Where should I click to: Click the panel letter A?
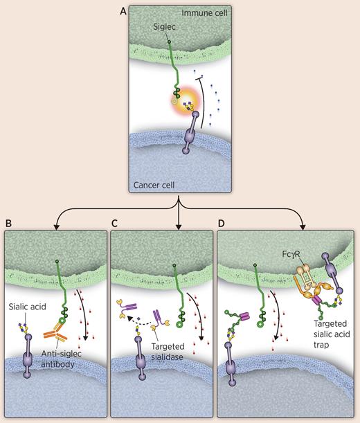(123, 11)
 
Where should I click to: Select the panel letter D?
(222, 224)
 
